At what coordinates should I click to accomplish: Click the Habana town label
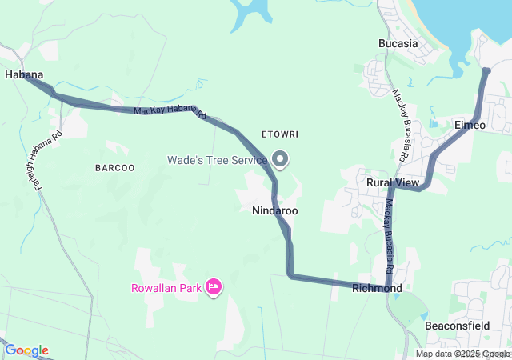click(23, 74)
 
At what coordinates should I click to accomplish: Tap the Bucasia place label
click(398, 43)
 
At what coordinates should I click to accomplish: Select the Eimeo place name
click(470, 126)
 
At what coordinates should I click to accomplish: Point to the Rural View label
click(393, 183)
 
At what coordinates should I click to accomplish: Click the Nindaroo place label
click(274, 211)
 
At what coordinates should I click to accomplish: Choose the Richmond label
click(377, 288)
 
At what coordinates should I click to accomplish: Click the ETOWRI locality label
click(279, 134)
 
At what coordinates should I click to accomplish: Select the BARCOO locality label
click(114, 168)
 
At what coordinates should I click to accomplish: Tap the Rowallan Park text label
click(166, 288)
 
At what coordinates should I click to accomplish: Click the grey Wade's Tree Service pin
click(280, 159)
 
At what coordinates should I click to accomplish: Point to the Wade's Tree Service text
click(216, 160)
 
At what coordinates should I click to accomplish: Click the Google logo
click(26, 350)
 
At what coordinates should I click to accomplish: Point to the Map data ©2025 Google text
click(462, 354)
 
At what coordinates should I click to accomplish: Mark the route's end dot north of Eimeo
click(486, 71)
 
